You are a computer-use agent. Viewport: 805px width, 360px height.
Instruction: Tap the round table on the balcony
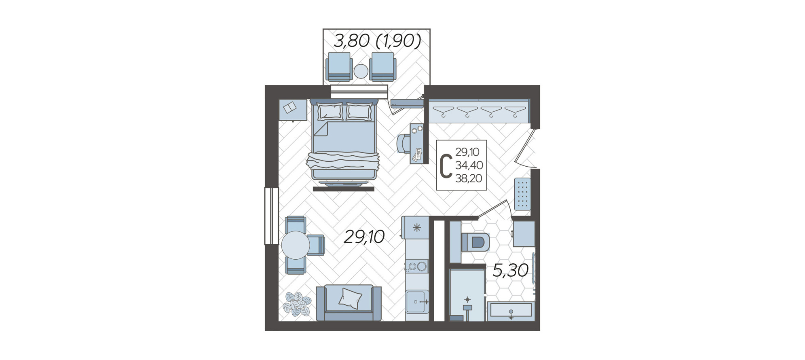[361, 71]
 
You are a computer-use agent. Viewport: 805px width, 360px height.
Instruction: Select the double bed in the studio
[344, 140]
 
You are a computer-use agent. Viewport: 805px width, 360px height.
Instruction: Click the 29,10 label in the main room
[364, 237]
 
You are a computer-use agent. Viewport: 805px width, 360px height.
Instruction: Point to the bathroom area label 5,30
[510, 270]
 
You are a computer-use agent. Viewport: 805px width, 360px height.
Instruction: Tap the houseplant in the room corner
[297, 304]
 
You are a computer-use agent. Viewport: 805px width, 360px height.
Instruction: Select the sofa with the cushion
[349, 303]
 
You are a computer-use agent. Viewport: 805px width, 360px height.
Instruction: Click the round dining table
[296, 245]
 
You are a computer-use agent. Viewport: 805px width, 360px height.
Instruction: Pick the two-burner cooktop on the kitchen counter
[417, 267]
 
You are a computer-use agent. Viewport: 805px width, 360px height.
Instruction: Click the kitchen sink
[417, 301]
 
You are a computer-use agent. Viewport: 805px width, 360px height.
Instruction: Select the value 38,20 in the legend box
[469, 178]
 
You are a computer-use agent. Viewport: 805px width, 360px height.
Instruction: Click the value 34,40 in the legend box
[469, 165]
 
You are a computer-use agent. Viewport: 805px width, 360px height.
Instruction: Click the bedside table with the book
[293, 110]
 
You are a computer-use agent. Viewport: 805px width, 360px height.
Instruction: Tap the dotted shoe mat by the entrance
[522, 194]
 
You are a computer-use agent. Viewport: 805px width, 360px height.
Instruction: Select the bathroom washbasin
[511, 311]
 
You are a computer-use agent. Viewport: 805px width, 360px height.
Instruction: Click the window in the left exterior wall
[272, 216]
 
